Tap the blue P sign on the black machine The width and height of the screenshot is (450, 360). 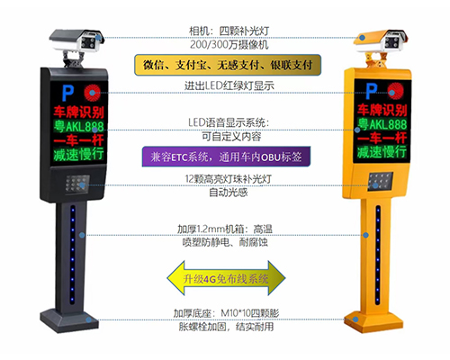pos(67,92)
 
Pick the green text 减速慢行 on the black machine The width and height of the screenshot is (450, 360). pos(79,158)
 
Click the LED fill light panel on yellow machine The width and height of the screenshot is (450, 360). pos(382,181)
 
